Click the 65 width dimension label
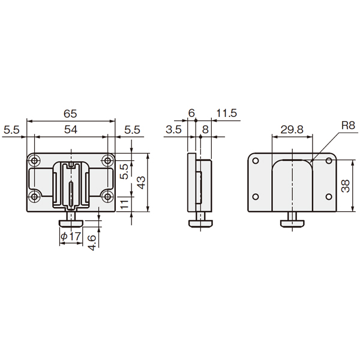(70, 113)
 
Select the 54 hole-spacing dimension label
(71, 130)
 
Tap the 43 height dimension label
(142, 182)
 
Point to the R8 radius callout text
(348, 125)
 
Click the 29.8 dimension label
(292, 129)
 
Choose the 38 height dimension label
(346, 186)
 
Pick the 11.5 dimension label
(227, 113)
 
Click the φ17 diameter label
(71, 236)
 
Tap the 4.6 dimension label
(92, 242)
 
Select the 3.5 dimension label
(173, 130)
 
